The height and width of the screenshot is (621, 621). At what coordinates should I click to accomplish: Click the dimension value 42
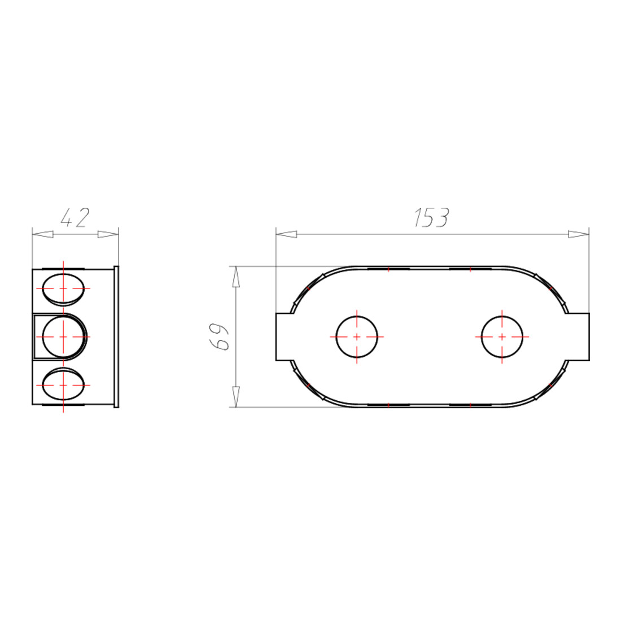pyautogui.click(x=75, y=217)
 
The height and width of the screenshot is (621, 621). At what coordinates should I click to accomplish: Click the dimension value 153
pyautogui.click(x=431, y=217)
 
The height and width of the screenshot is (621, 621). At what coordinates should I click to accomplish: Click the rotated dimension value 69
pyautogui.click(x=219, y=336)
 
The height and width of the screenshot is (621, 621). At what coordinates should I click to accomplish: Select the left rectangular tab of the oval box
pyautogui.click(x=285, y=337)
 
